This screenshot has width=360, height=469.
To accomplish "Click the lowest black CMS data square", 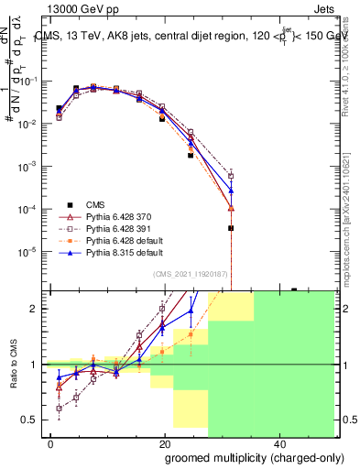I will point(231,228).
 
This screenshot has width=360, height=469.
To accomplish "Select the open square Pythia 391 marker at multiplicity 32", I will point(231,176).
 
